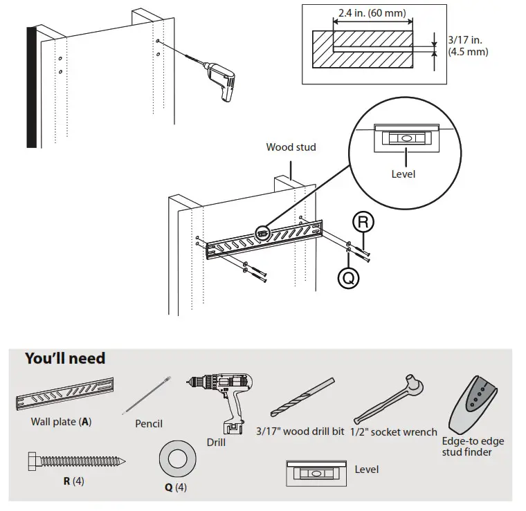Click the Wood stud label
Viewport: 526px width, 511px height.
[x=291, y=147]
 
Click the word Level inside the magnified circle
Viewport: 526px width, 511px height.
[x=403, y=174]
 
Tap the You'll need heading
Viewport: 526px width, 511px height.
[x=65, y=358]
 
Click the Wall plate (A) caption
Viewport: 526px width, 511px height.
[x=61, y=421]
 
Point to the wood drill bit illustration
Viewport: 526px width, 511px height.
[x=303, y=398]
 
